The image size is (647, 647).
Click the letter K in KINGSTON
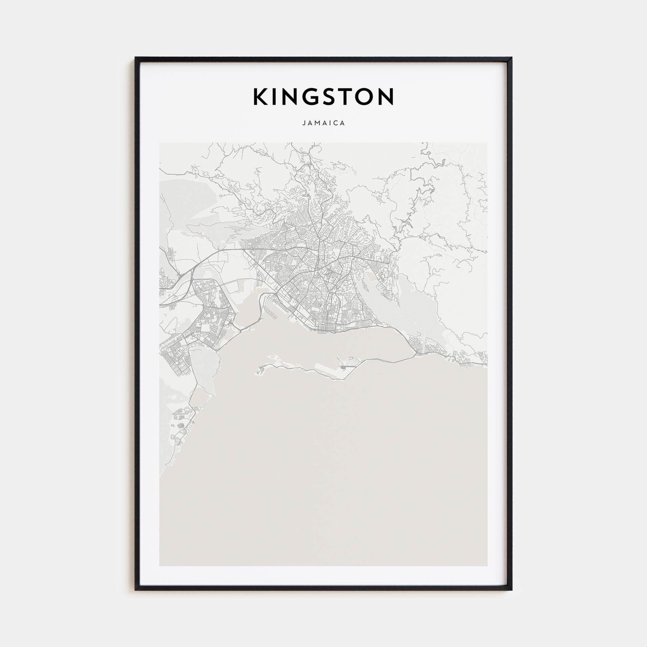click(260, 97)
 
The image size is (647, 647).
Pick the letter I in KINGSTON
click(275, 97)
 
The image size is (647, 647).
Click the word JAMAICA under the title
click(323, 123)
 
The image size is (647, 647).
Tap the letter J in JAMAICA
click(304, 123)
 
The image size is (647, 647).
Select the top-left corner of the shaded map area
click(159, 143)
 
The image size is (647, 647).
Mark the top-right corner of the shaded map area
click(487, 143)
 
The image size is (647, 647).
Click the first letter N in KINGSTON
click(289, 97)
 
